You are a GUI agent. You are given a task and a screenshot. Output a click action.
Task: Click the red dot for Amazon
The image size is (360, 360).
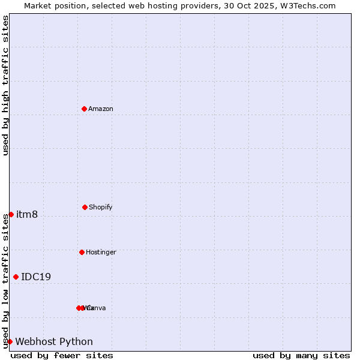[85, 109]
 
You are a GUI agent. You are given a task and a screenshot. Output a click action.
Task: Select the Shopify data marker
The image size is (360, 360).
[85, 207]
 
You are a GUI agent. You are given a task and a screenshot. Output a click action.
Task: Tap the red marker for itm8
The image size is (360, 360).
[11, 214]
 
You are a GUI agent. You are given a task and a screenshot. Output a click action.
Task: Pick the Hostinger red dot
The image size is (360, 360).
[82, 252]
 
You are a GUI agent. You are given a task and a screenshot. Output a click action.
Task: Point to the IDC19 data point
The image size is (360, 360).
[16, 277]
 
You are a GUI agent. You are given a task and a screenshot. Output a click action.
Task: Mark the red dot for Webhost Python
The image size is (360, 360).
[10, 341]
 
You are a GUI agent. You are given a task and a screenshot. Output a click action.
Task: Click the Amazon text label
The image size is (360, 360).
[101, 109]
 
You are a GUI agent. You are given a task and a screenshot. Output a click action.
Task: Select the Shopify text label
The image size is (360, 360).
[101, 207]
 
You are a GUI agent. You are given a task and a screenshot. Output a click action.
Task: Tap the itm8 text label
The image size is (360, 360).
[27, 215]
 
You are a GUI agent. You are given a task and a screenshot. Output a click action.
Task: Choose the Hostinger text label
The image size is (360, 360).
[101, 252]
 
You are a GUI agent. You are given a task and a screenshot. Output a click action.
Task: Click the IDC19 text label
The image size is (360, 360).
[36, 277]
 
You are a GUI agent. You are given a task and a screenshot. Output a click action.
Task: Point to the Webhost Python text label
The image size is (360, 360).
[54, 342]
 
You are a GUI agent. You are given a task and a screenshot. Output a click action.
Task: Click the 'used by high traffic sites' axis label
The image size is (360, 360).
[5, 85]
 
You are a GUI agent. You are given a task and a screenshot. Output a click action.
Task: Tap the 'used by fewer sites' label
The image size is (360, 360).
[62, 355]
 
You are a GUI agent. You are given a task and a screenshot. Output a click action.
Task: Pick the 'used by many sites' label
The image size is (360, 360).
[301, 355]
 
